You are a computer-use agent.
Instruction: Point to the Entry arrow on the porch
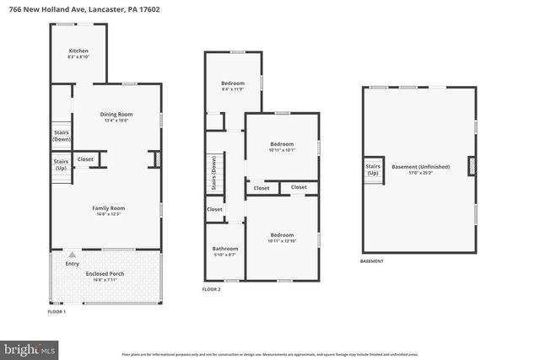[72, 255]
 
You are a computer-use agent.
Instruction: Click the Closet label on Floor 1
[86, 159]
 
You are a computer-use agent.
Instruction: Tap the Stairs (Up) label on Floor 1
[61, 164]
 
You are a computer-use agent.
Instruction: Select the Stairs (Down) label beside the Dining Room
[61, 135]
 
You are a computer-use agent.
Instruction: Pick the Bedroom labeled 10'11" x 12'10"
[282, 238]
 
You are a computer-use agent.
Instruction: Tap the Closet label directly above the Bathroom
[214, 209]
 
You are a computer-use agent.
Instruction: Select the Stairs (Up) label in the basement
[372, 169]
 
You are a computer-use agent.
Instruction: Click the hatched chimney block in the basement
[472, 167]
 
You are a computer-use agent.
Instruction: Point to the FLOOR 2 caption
[211, 289]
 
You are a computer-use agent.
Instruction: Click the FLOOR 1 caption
[56, 312]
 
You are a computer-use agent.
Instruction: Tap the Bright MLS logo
[30, 348]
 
